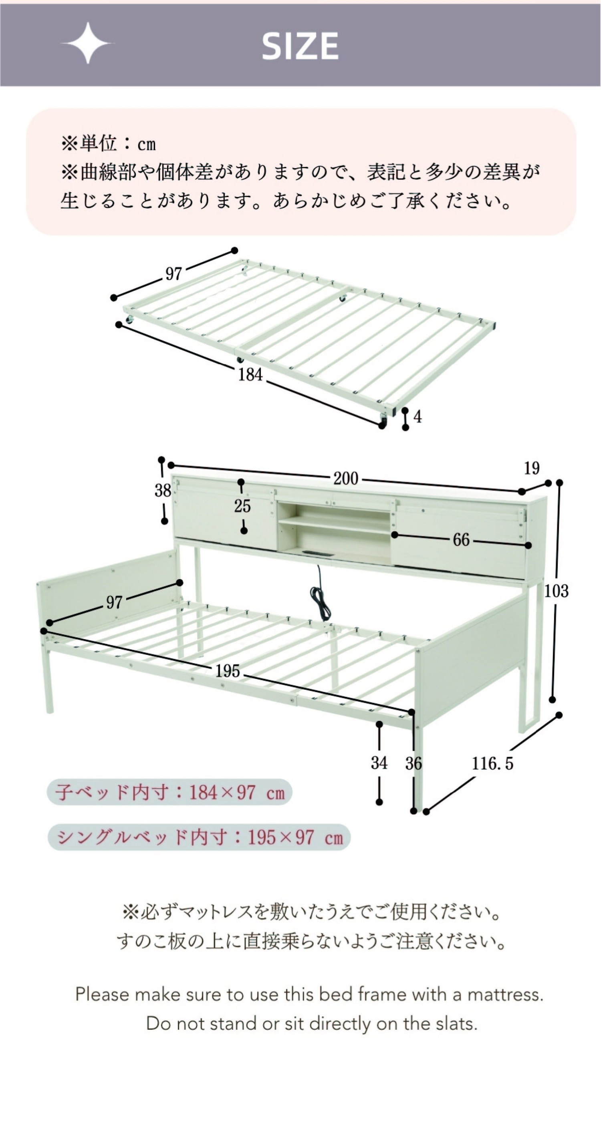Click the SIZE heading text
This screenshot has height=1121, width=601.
coord(300,46)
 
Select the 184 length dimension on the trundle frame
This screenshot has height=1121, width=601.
coord(250,374)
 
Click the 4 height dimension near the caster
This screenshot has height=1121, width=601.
coord(417,417)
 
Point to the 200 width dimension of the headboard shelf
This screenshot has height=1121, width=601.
coord(346,478)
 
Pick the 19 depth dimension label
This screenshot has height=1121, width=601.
coord(532,468)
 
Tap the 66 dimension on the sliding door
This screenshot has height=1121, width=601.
coord(461,539)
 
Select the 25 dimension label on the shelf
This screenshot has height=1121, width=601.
coord(242,506)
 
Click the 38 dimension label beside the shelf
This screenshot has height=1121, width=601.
coord(163,491)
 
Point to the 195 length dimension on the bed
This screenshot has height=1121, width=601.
coord(228,670)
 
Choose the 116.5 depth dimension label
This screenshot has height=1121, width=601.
coord(492,763)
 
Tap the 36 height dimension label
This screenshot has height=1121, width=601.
coord(414,763)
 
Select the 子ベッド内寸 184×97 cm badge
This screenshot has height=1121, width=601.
coord(169,792)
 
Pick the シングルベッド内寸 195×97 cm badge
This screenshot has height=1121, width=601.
coord(199,837)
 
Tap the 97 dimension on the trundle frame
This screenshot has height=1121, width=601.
coord(173,274)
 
